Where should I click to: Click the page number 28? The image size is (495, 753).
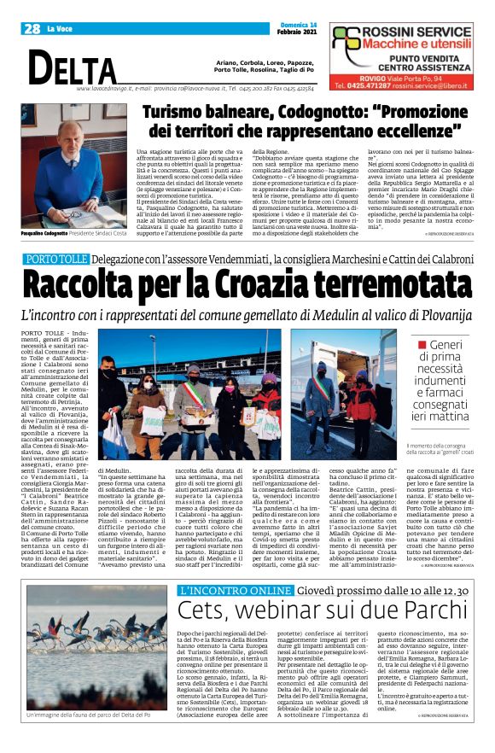pyautogui.click(x=32, y=29)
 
